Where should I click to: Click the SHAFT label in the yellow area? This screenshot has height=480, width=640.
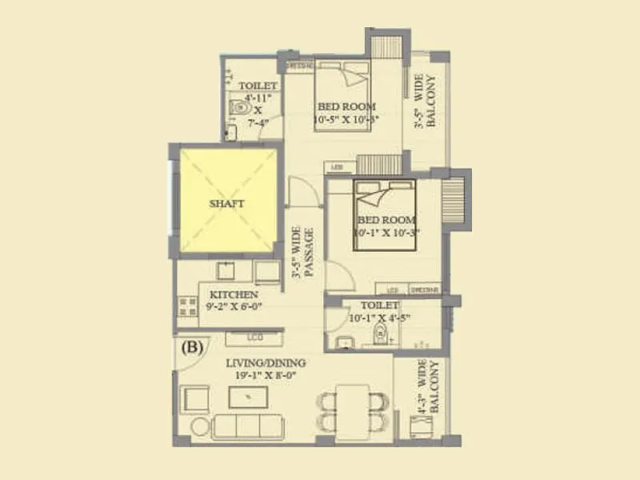click(226, 203)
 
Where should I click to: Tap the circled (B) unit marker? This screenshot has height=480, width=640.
click(192, 347)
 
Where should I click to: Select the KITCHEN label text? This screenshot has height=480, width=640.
click(234, 295)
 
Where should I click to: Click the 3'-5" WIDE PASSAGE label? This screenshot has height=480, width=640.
click(306, 254)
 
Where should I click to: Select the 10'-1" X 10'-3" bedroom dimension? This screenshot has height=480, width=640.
click(387, 232)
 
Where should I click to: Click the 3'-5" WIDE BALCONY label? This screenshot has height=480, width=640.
click(424, 102)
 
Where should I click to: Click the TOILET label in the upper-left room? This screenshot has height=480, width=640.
click(258, 86)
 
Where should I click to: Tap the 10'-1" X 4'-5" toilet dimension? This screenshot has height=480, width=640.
click(380, 317)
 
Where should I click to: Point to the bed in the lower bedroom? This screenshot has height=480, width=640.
click(385, 214)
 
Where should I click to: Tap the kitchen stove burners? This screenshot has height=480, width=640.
click(187, 306)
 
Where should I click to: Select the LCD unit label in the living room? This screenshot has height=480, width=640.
click(255, 338)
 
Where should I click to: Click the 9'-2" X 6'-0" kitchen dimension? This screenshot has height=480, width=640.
click(234, 306)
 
